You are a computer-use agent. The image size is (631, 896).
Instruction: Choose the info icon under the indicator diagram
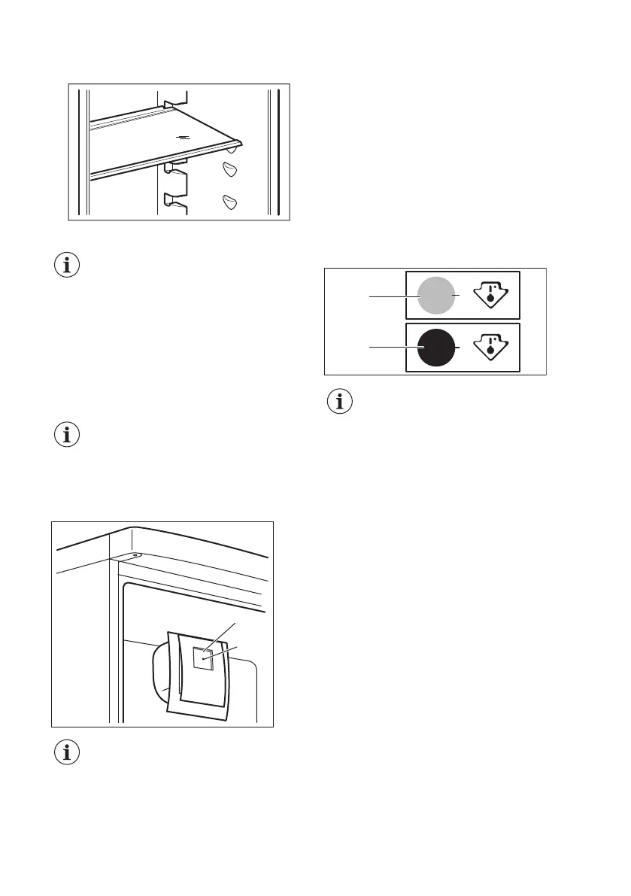click(x=341, y=402)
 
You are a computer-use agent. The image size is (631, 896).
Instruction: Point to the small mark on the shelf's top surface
click(x=181, y=137)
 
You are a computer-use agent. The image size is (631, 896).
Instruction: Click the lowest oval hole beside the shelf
click(x=229, y=201)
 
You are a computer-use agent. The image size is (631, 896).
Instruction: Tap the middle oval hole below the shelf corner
click(x=229, y=171)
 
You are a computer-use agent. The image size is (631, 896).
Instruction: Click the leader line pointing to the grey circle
click(x=387, y=297)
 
